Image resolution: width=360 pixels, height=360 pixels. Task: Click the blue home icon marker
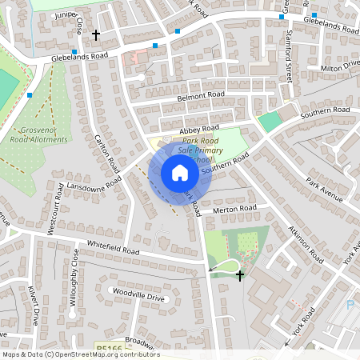click(180, 172)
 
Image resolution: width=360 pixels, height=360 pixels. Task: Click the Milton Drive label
click(342, 66)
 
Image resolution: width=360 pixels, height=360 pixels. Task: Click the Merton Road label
click(235, 209)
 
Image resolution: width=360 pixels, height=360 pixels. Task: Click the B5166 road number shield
click(107, 349)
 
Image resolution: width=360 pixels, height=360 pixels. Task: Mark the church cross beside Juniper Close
click(96, 35)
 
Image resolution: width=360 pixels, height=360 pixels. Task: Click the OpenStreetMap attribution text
click(80, 354)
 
